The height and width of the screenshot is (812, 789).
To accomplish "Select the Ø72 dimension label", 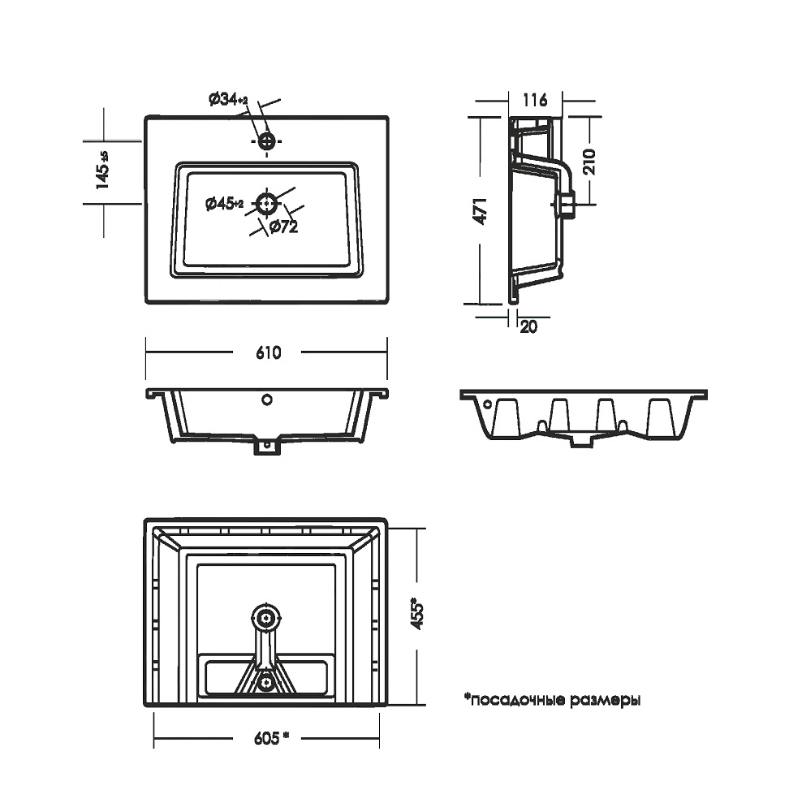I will [283, 227].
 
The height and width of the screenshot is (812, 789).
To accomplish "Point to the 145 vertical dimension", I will [103, 171].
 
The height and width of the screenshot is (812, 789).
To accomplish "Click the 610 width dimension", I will [267, 353].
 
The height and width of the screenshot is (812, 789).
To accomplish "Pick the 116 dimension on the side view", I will [535, 101].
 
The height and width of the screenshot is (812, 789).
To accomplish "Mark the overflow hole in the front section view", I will [266, 400].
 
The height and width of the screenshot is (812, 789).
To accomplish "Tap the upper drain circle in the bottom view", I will [265, 618].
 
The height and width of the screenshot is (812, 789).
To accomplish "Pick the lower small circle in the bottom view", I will [265, 684].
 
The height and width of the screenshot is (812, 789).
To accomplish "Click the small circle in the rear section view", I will [487, 404].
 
